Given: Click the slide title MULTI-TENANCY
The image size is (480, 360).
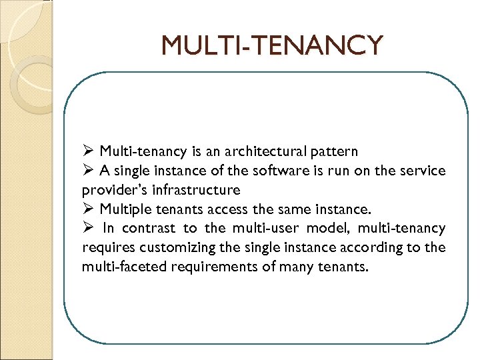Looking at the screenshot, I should [272, 45].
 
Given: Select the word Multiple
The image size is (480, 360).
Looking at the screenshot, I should [127, 209].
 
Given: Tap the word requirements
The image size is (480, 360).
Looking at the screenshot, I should [204, 267].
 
